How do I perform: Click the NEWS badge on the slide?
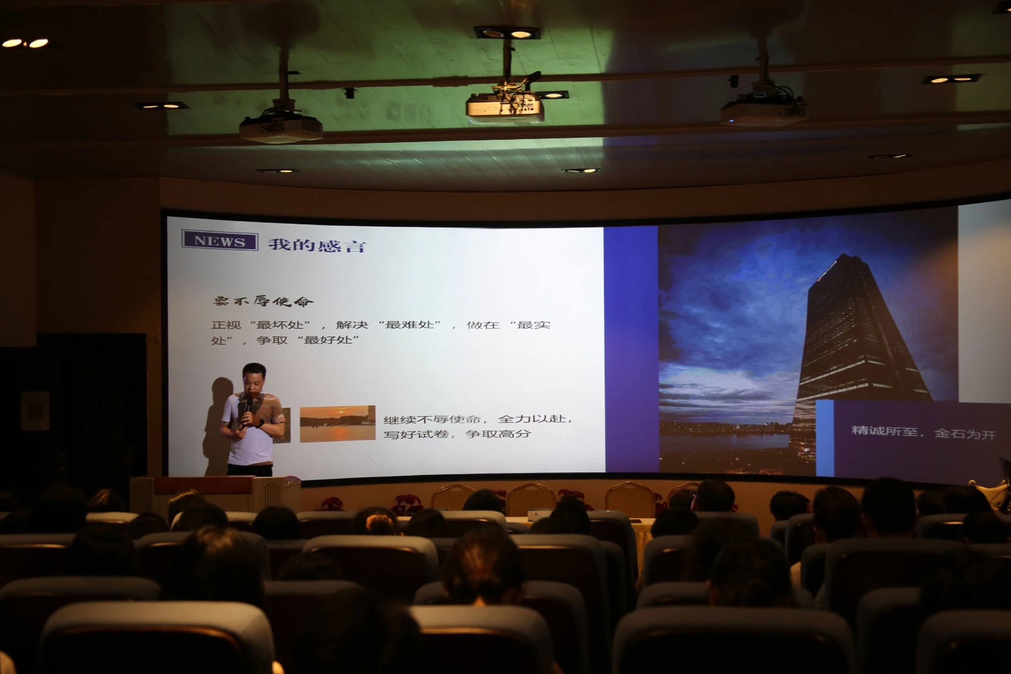tap(220, 240)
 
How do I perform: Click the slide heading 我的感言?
tap(317, 245)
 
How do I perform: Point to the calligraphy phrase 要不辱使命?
tap(263, 301)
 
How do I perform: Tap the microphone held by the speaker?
tap(247, 407)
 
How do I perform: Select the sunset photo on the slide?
tap(337, 423)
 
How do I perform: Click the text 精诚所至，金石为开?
tap(923, 432)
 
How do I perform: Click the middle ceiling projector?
tap(505, 107)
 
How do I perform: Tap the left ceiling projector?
tap(281, 128)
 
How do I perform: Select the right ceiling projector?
tap(764, 111)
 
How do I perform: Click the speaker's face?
tap(253, 379)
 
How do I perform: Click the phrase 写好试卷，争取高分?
tap(457, 434)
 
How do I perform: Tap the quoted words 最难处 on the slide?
tap(410, 324)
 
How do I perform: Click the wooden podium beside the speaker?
tap(215, 494)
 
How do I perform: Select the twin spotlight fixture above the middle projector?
tap(506, 33)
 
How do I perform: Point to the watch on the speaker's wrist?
tap(260, 423)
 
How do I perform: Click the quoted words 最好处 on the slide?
tap(328, 340)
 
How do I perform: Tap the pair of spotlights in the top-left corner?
tap(25, 44)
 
